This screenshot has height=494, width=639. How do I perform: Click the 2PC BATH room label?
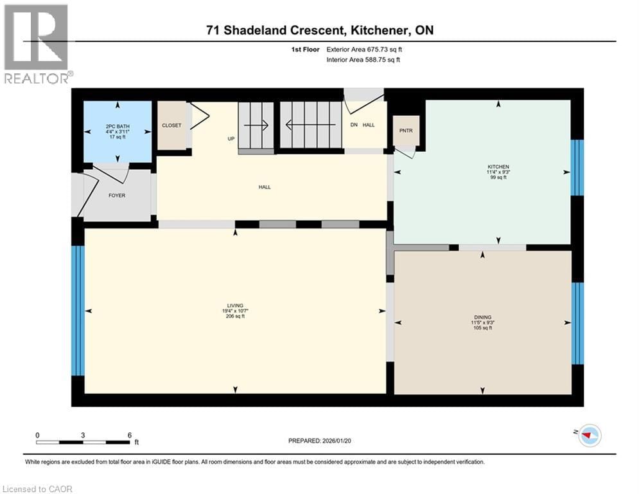[118, 126]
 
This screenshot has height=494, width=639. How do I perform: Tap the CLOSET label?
[171, 125]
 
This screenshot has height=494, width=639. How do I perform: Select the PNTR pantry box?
[405, 131]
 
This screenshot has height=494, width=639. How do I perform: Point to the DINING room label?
[482, 317]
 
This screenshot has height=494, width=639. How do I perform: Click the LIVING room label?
[235, 306]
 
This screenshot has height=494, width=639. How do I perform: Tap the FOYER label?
[117, 196]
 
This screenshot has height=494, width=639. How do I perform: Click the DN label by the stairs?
[353, 125]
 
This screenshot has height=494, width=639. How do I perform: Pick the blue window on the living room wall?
[77, 310]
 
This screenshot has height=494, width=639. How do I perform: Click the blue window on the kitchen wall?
[577, 168]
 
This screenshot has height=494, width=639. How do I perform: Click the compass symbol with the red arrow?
[590, 437]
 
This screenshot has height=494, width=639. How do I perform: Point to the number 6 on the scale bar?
[130, 435]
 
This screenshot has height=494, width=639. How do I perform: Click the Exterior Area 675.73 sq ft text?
[364, 50]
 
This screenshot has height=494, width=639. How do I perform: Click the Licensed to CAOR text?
[37, 489]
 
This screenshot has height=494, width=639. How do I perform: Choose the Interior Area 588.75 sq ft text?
[363, 60]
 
